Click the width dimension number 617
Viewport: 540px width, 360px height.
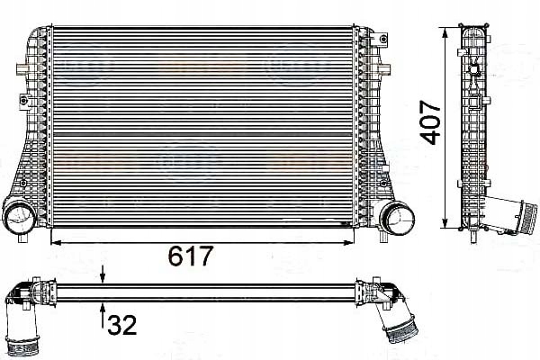(191, 257)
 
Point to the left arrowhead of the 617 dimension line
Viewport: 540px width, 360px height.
(53, 241)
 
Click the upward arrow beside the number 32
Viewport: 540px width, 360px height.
(103, 310)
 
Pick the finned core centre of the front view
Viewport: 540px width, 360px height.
(202, 126)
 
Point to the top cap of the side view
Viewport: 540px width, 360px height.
(475, 31)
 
